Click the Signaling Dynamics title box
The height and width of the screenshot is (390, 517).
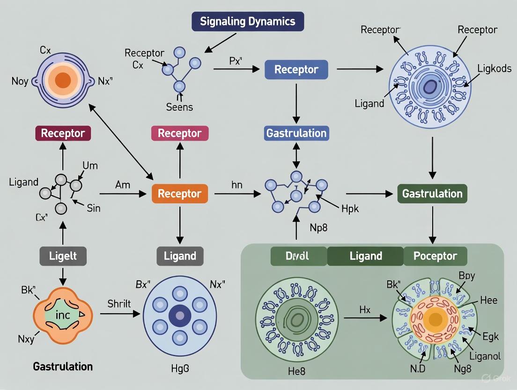click(x=248, y=22)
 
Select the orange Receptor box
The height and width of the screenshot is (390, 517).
click(x=179, y=194)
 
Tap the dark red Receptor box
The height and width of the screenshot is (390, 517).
click(x=63, y=133)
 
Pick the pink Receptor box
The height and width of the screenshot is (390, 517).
click(x=179, y=133)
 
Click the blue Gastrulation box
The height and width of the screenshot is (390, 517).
click(x=296, y=133)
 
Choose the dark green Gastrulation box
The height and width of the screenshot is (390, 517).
click(x=432, y=194)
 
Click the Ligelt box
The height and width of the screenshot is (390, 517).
click(x=63, y=256)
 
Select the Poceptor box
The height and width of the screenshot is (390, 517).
click(x=435, y=256)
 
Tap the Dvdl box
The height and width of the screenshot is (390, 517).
click(x=298, y=256)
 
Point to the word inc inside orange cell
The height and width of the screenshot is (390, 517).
click(x=62, y=315)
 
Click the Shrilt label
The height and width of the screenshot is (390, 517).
click(x=120, y=303)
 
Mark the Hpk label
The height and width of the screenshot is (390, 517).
click(x=349, y=209)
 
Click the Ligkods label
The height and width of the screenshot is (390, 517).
click(x=495, y=68)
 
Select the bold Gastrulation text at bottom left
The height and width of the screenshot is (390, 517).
click(x=63, y=366)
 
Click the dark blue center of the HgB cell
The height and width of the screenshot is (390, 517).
click(x=179, y=315)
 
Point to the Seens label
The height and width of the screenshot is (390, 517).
click(x=179, y=107)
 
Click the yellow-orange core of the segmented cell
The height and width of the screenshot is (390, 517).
click(x=436, y=320)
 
